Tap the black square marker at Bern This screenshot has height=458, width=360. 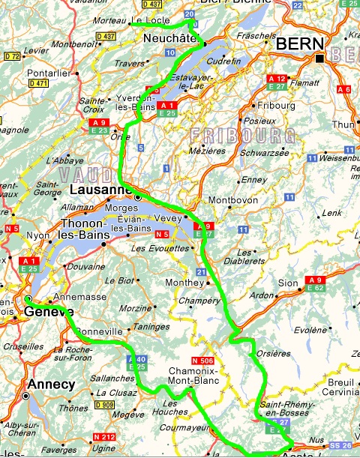click(319, 58)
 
